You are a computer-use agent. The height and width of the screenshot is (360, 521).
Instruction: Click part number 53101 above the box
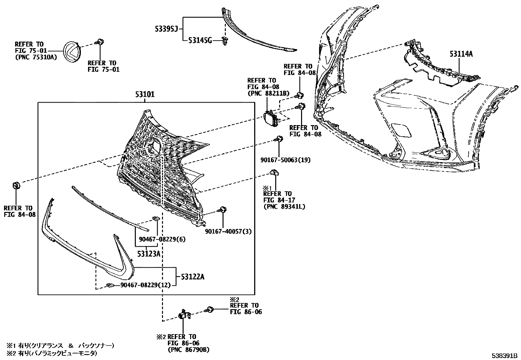(x=145, y=95)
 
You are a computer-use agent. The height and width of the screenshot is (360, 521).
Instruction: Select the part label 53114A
(x=461, y=54)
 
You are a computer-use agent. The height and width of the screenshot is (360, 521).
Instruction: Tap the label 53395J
(x=166, y=30)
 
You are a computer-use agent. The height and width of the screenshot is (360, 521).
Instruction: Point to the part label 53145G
(x=200, y=41)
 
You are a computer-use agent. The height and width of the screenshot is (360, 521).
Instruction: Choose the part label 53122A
(x=192, y=277)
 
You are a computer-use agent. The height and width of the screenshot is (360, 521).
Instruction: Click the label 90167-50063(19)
(x=285, y=160)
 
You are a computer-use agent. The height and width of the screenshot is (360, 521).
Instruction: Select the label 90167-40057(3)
(x=228, y=232)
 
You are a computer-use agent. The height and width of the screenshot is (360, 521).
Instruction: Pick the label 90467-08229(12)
(x=146, y=285)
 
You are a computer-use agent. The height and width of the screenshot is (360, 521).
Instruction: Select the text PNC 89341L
(x=284, y=206)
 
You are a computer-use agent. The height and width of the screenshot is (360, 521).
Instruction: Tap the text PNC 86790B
(x=188, y=350)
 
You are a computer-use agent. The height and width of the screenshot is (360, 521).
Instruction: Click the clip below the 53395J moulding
(x=225, y=41)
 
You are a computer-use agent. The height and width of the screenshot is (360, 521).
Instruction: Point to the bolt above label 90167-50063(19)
(x=279, y=139)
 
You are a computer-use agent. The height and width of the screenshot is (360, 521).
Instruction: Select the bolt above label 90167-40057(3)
(x=224, y=210)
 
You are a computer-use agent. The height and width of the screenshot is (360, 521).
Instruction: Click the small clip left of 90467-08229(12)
(x=110, y=285)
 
